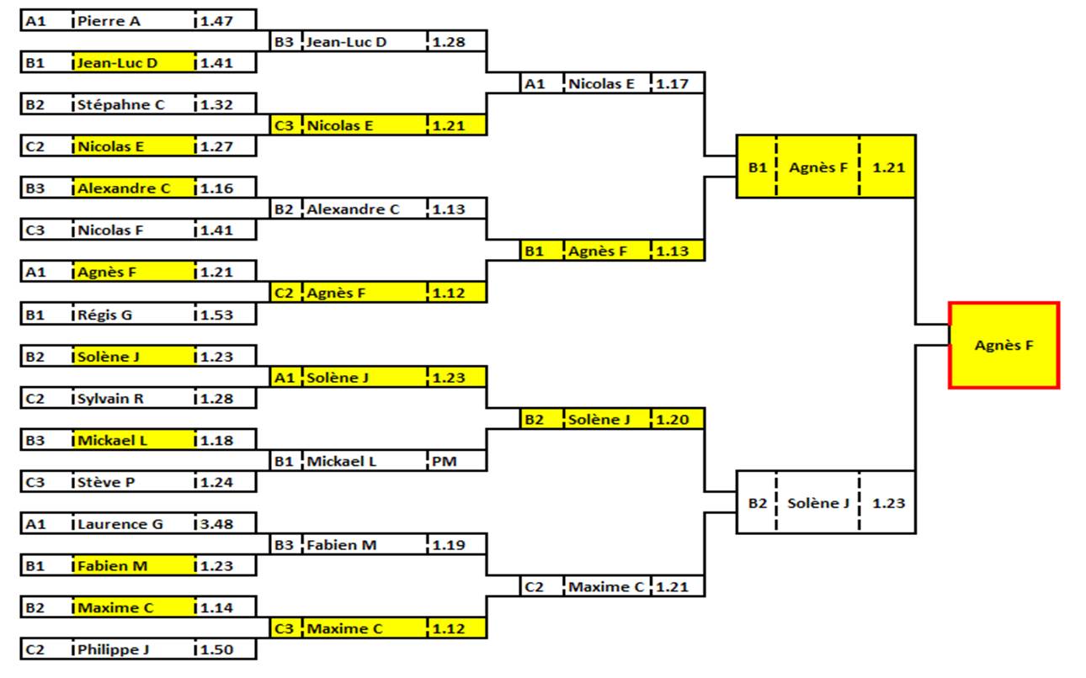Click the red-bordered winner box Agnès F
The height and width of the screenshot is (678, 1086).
pyautogui.click(x=1003, y=345)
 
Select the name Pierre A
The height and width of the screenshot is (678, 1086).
pyautogui.click(x=109, y=21)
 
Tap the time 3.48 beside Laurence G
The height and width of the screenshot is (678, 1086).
pyautogui.click(x=216, y=524)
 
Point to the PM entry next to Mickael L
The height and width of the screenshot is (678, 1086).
pyautogui.click(x=444, y=461)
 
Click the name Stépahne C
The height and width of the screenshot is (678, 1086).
pyautogui.click(x=121, y=105)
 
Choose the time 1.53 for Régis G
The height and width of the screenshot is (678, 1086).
pyautogui.click(x=216, y=315)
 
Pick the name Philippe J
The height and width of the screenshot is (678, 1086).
pyautogui.click(x=114, y=649)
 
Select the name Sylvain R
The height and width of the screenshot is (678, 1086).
pyautogui.click(x=111, y=399)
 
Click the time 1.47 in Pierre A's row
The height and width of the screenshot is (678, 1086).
pyautogui.click(x=216, y=21)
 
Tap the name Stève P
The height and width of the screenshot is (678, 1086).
pyautogui.click(x=107, y=482)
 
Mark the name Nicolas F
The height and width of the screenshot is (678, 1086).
pyautogui.click(x=110, y=230)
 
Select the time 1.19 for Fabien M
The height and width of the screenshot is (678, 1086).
pyautogui.click(x=449, y=545)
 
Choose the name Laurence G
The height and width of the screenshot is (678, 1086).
pyautogui.click(x=120, y=524)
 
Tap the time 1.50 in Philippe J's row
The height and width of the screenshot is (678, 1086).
pyautogui.click(x=216, y=649)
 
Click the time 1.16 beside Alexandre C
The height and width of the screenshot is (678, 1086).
pyautogui.click(x=216, y=188)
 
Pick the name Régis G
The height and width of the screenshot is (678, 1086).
pyautogui.click(x=105, y=315)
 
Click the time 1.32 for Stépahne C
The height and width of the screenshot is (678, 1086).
pyautogui.click(x=216, y=105)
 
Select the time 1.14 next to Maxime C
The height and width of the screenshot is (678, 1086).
pyautogui.click(x=216, y=607)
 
